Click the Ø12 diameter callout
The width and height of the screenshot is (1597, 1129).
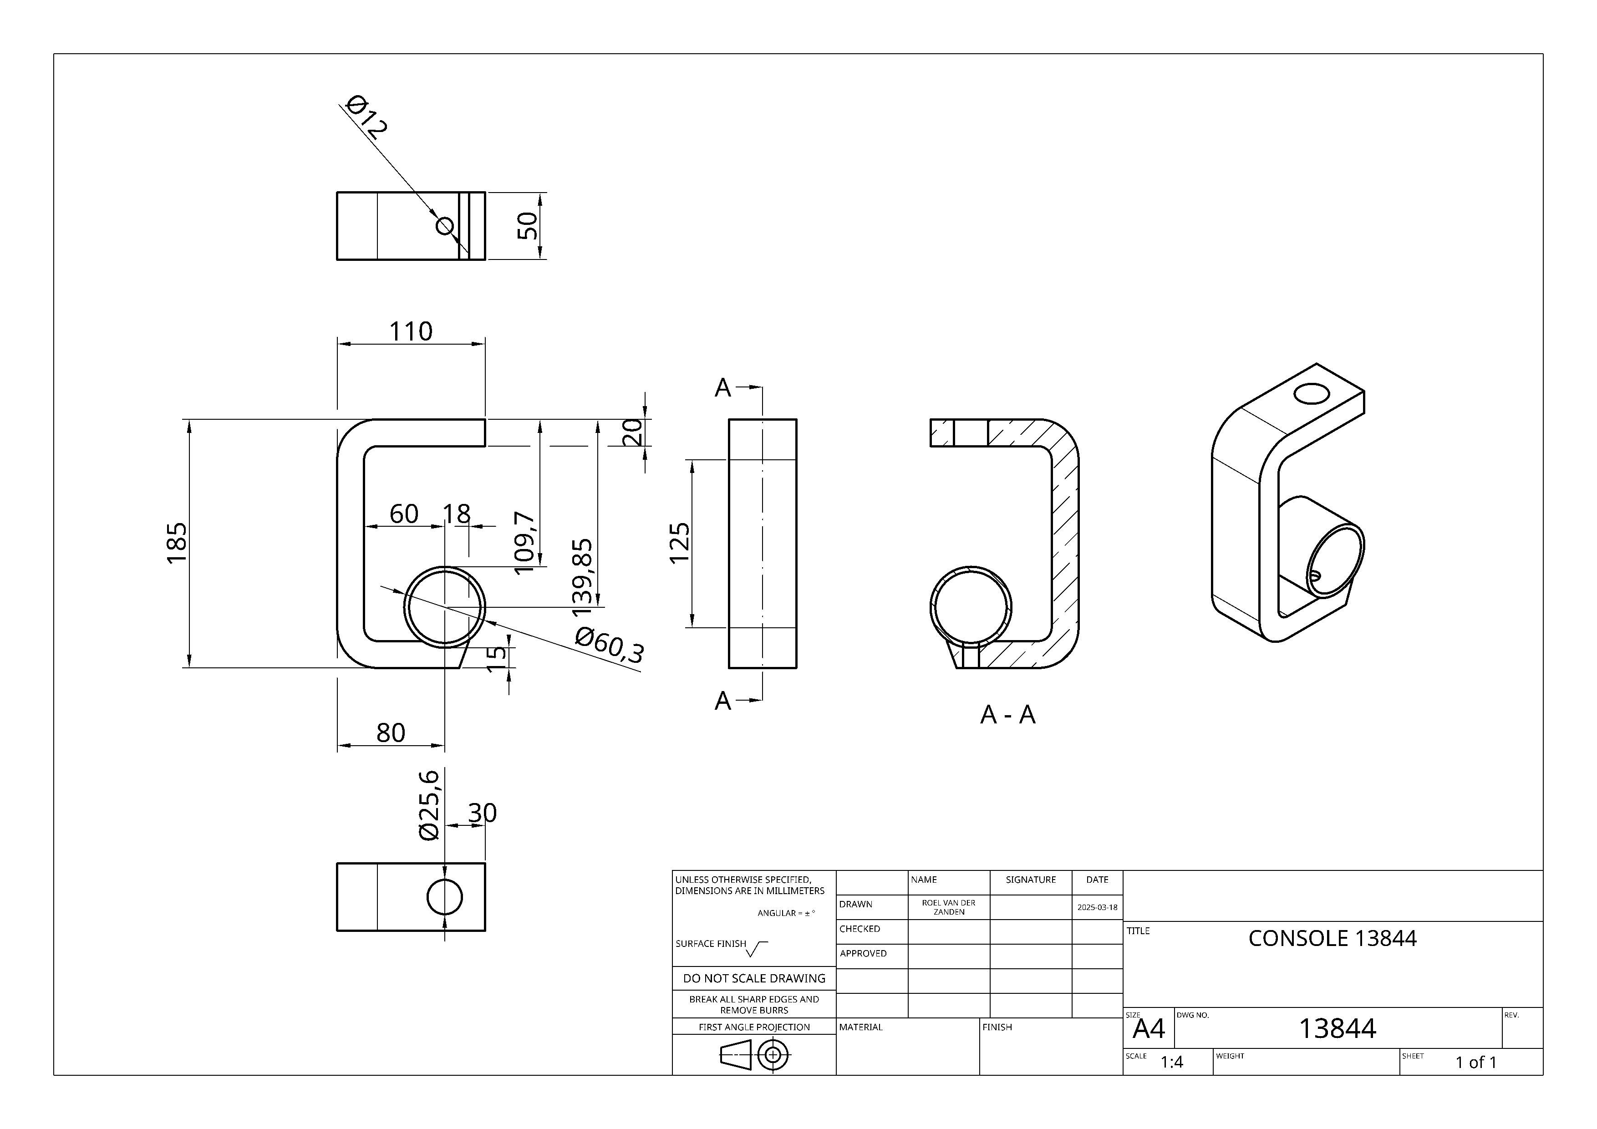pyautogui.click(x=366, y=116)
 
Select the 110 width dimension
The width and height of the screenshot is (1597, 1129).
pyautogui.click(x=410, y=331)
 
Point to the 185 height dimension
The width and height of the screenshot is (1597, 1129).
pyautogui.click(x=177, y=543)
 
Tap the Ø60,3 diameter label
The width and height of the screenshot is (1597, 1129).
pyautogui.click(x=609, y=644)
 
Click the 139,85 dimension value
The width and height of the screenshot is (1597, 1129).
pyautogui.click(x=583, y=577)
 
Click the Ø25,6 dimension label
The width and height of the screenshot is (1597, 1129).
pyautogui.click(x=430, y=805)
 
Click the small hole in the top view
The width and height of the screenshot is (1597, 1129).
pyautogui.click(x=444, y=226)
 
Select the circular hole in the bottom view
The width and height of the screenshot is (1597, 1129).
pyautogui.click(x=444, y=897)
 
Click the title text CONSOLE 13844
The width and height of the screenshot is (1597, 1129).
pyautogui.click(x=1332, y=938)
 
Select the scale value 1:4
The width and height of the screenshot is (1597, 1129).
pyautogui.click(x=1171, y=1062)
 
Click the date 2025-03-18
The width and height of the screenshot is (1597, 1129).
pyautogui.click(x=1097, y=907)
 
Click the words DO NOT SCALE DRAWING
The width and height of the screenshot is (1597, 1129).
pyautogui.click(x=754, y=978)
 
